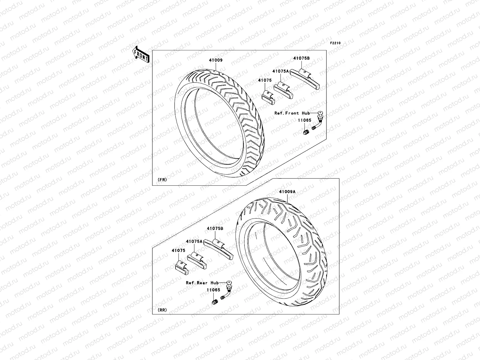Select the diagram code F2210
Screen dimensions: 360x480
[x=335, y=43]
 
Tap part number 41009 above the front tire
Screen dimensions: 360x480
[x=216, y=60]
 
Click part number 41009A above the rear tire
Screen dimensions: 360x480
[x=287, y=191]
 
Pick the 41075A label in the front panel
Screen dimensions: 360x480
[x=280, y=71]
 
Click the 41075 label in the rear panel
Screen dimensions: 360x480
[x=178, y=250]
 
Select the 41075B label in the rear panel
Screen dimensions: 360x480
[x=215, y=228]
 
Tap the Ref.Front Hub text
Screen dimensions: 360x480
[x=292, y=113]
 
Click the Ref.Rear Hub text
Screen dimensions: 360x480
[x=202, y=283]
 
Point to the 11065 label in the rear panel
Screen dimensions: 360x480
[x=213, y=290]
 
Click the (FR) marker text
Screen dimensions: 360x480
[x=162, y=179]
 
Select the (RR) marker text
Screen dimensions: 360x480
[x=162, y=310]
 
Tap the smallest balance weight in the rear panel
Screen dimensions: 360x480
[x=181, y=268]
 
